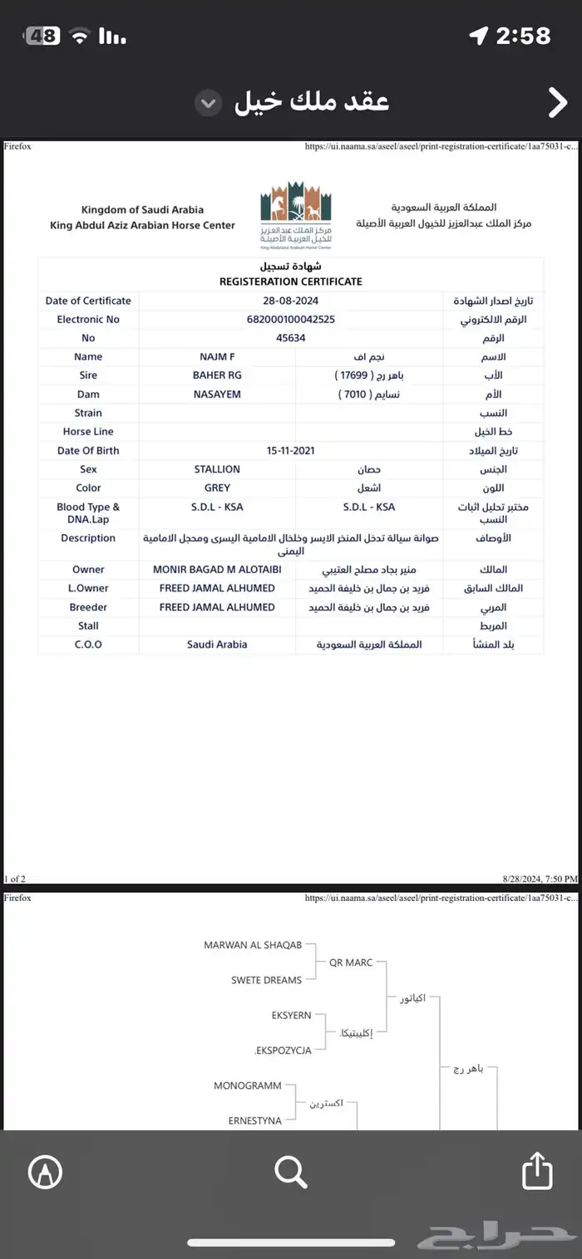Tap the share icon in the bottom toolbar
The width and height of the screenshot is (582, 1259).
point(537,1171)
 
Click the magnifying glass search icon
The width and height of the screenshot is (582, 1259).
point(291,1172)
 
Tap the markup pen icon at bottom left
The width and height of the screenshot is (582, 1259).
point(45,1172)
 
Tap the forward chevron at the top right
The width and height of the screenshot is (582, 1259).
point(556,102)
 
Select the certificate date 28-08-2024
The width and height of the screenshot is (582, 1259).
point(290,301)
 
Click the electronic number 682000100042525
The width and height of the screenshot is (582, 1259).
point(290,320)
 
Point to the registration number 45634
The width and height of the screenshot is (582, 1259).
point(290,338)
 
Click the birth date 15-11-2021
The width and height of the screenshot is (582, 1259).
point(290,451)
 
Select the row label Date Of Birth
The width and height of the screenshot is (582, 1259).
point(88,451)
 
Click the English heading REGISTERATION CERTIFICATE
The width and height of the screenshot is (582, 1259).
point(290,282)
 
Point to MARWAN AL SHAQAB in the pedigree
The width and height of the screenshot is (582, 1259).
point(253,945)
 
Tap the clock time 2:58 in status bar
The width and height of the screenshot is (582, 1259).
point(523,36)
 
